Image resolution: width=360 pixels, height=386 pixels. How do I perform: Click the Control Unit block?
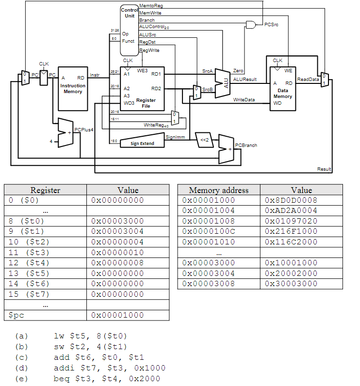129,29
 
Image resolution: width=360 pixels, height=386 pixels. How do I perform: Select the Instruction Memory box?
73,89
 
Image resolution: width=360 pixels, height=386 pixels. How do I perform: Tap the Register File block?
143,90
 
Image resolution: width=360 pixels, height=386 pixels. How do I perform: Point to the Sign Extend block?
142,143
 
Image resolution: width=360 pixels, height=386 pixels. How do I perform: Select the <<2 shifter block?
205,140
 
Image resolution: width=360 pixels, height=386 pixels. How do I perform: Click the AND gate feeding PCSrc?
251,24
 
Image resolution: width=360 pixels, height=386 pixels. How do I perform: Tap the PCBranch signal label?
246,145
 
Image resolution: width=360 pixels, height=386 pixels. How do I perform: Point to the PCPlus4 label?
83,130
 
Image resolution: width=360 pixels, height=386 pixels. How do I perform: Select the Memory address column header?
218,190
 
